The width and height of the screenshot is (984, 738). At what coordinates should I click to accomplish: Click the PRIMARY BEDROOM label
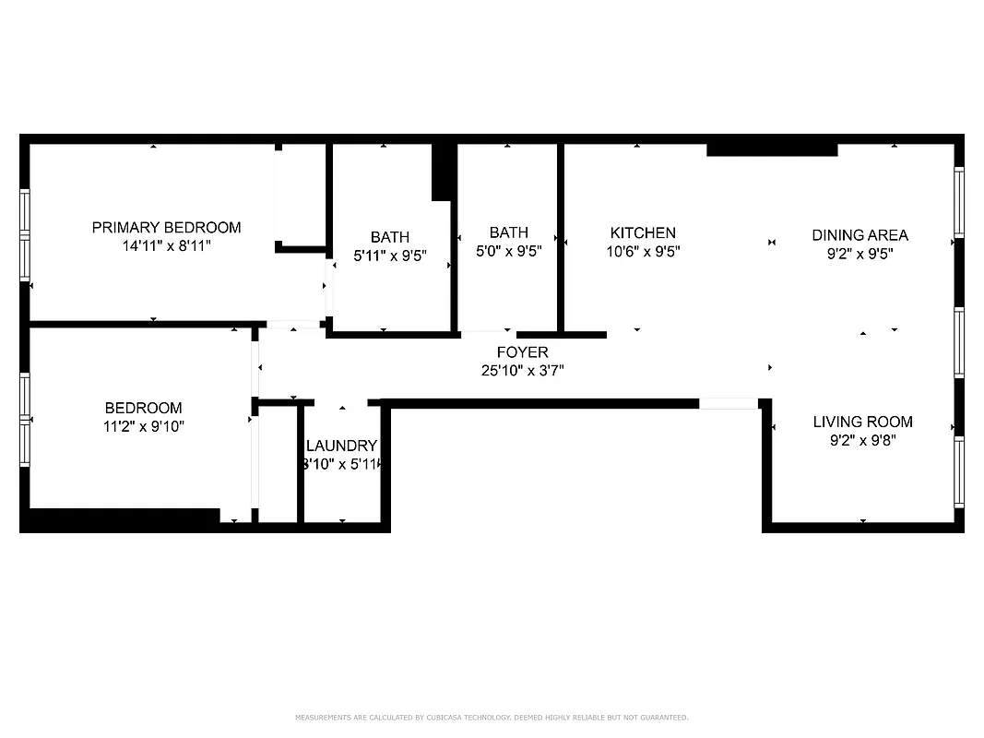[166, 227]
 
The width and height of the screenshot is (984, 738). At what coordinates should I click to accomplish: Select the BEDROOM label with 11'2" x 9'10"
[143, 408]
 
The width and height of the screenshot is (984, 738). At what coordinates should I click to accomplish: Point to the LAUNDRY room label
[342, 446]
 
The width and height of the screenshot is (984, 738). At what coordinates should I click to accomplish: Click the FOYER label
[522, 352]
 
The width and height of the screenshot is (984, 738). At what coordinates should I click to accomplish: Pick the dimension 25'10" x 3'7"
[522, 371]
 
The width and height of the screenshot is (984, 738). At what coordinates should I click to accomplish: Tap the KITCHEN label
[643, 233]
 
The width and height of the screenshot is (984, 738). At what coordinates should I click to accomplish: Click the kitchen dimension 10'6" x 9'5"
[643, 252]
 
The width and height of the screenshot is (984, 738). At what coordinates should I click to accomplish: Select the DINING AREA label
[860, 235]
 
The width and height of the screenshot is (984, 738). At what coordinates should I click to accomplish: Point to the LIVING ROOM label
[862, 422]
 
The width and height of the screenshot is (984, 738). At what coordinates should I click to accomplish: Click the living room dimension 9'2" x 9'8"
[862, 441]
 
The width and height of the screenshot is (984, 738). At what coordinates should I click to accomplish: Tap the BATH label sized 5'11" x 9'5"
[390, 237]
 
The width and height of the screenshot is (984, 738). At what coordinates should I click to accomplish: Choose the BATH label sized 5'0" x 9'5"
[509, 232]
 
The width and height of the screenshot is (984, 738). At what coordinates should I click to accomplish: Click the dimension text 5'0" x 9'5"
[509, 251]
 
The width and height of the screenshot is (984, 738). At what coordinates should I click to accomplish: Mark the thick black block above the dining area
[772, 148]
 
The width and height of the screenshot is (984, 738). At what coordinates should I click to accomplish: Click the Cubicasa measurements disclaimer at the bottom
[492, 717]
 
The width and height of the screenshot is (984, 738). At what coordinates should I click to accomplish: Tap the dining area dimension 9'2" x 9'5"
[860, 254]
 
